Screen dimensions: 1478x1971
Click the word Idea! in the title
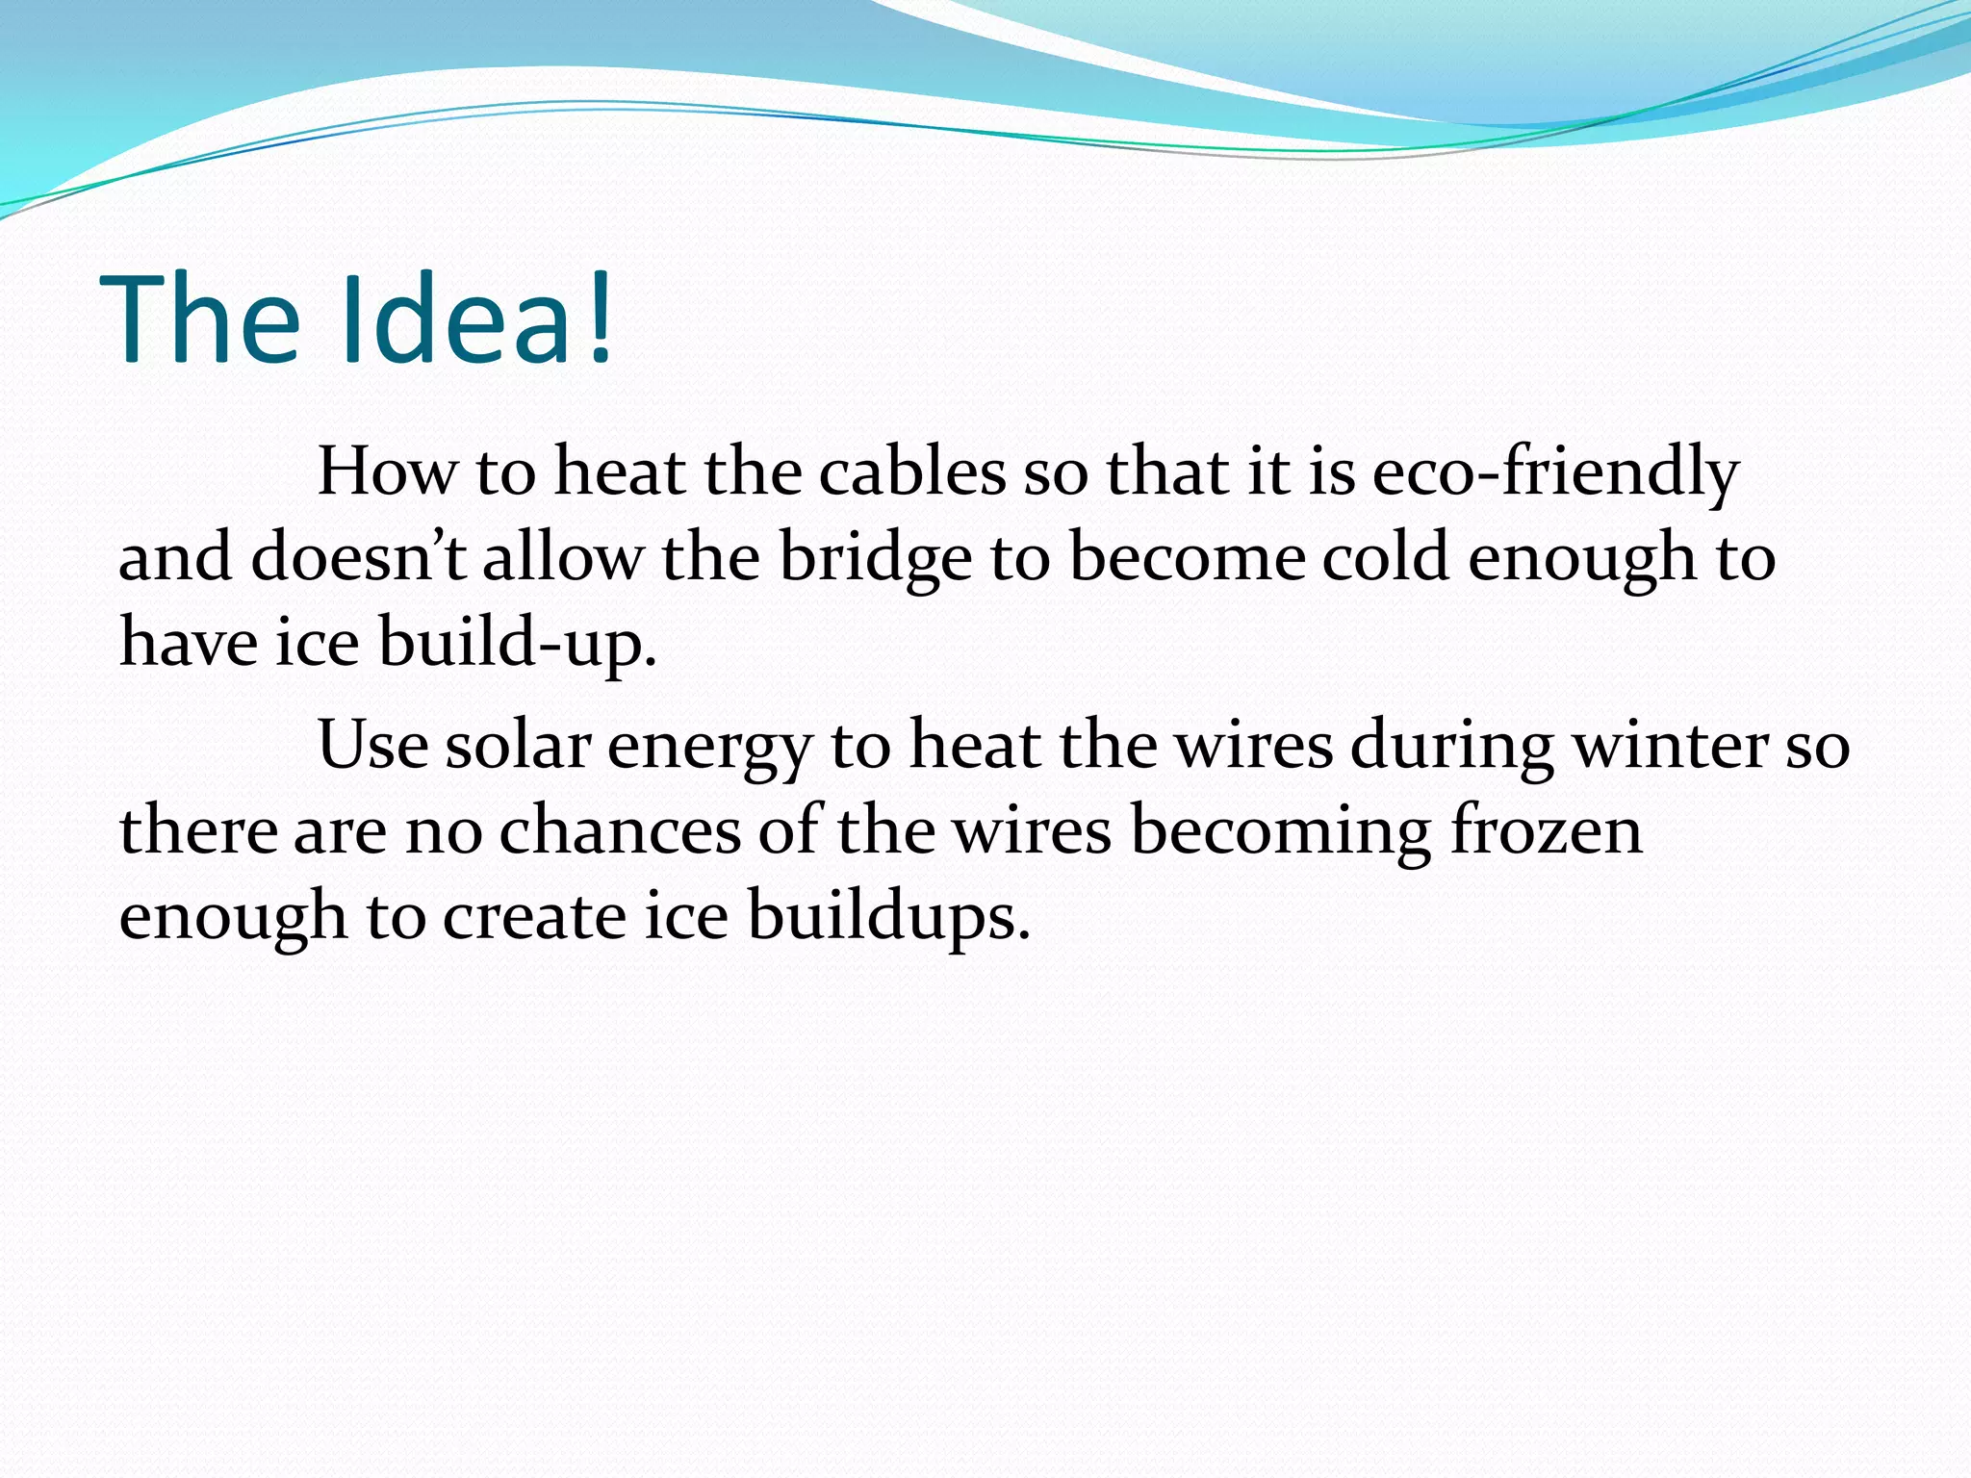click(478, 319)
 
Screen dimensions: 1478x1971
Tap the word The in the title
click(200, 319)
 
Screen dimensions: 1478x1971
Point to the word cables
click(912, 472)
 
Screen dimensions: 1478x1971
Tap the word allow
click(562, 557)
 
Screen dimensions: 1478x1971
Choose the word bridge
click(876, 559)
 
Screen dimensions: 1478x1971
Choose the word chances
click(620, 830)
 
